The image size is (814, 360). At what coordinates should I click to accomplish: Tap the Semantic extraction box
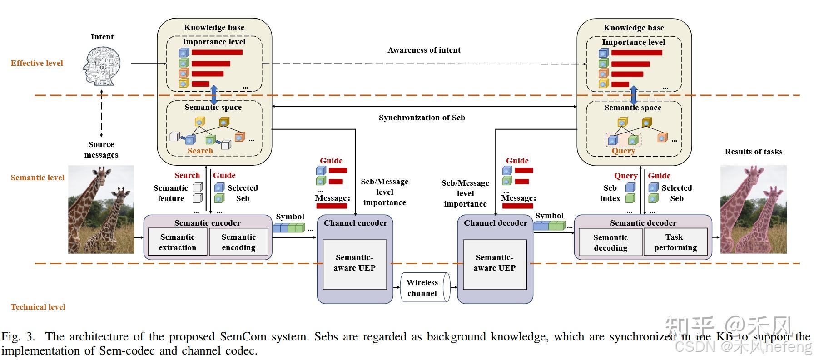[x=177, y=242]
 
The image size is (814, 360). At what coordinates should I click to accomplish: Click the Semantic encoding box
[x=238, y=242]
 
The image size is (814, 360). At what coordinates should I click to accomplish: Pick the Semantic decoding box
[x=610, y=242]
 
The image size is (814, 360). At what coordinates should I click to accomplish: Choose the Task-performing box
[x=675, y=242]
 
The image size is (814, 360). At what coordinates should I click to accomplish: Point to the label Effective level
[x=37, y=63]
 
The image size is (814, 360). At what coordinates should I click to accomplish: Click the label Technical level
[x=38, y=307]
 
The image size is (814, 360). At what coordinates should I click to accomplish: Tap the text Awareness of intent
[x=424, y=50]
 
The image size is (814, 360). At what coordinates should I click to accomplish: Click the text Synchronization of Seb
[x=422, y=118]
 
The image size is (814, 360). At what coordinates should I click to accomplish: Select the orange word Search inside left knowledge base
[x=200, y=151]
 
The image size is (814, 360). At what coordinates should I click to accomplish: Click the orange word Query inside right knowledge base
[x=623, y=151]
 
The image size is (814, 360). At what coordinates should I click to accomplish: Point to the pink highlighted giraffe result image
[x=753, y=209]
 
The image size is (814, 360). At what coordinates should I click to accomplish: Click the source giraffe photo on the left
[x=101, y=209]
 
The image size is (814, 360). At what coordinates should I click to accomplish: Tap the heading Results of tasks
[x=753, y=152]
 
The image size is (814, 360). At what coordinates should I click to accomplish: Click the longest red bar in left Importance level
[x=217, y=53]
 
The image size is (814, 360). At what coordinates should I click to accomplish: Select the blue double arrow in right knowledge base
[x=633, y=95]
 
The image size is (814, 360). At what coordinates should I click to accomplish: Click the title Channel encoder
[x=355, y=223]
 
